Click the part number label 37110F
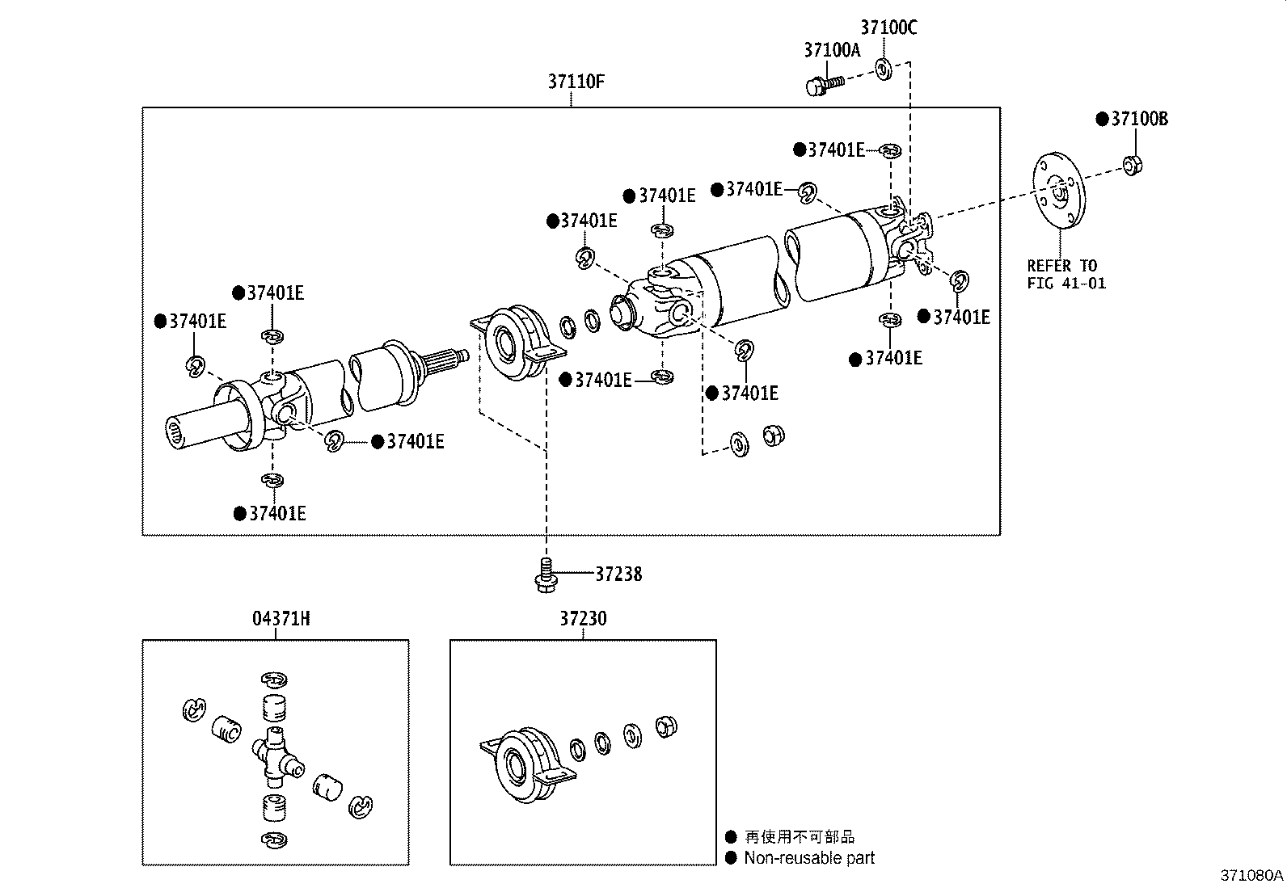[x=576, y=82]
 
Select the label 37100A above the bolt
[x=832, y=50]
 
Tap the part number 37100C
[x=888, y=27]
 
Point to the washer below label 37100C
[x=883, y=69]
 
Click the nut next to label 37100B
[x=1132, y=166]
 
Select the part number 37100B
[x=1139, y=119]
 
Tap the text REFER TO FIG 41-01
[x=1065, y=275]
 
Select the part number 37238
[x=618, y=574]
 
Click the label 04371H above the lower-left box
[x=276, y=619]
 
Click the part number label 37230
[x=583, y=619]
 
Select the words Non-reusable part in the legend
[x=809, y=858]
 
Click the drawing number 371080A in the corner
[x=1251, y=876]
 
